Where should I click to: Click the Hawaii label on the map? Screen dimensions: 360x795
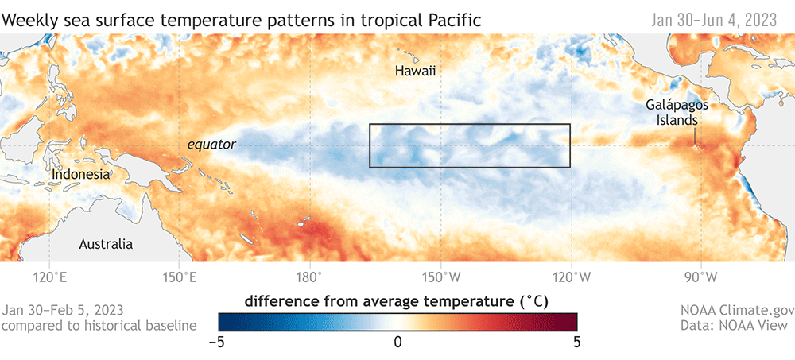click(x=416, y=72)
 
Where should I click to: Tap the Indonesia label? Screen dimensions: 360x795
click(x=80, y=174)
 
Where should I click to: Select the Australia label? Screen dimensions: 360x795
click(x=106, y=244)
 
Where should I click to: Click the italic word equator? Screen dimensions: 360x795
click(x=211, y=145)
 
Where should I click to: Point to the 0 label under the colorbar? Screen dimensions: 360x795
click(x=397, y=342)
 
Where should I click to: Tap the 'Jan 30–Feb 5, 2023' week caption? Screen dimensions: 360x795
click(x=64, y=309)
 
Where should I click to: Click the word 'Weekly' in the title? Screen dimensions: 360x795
click(x=29, y=18)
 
